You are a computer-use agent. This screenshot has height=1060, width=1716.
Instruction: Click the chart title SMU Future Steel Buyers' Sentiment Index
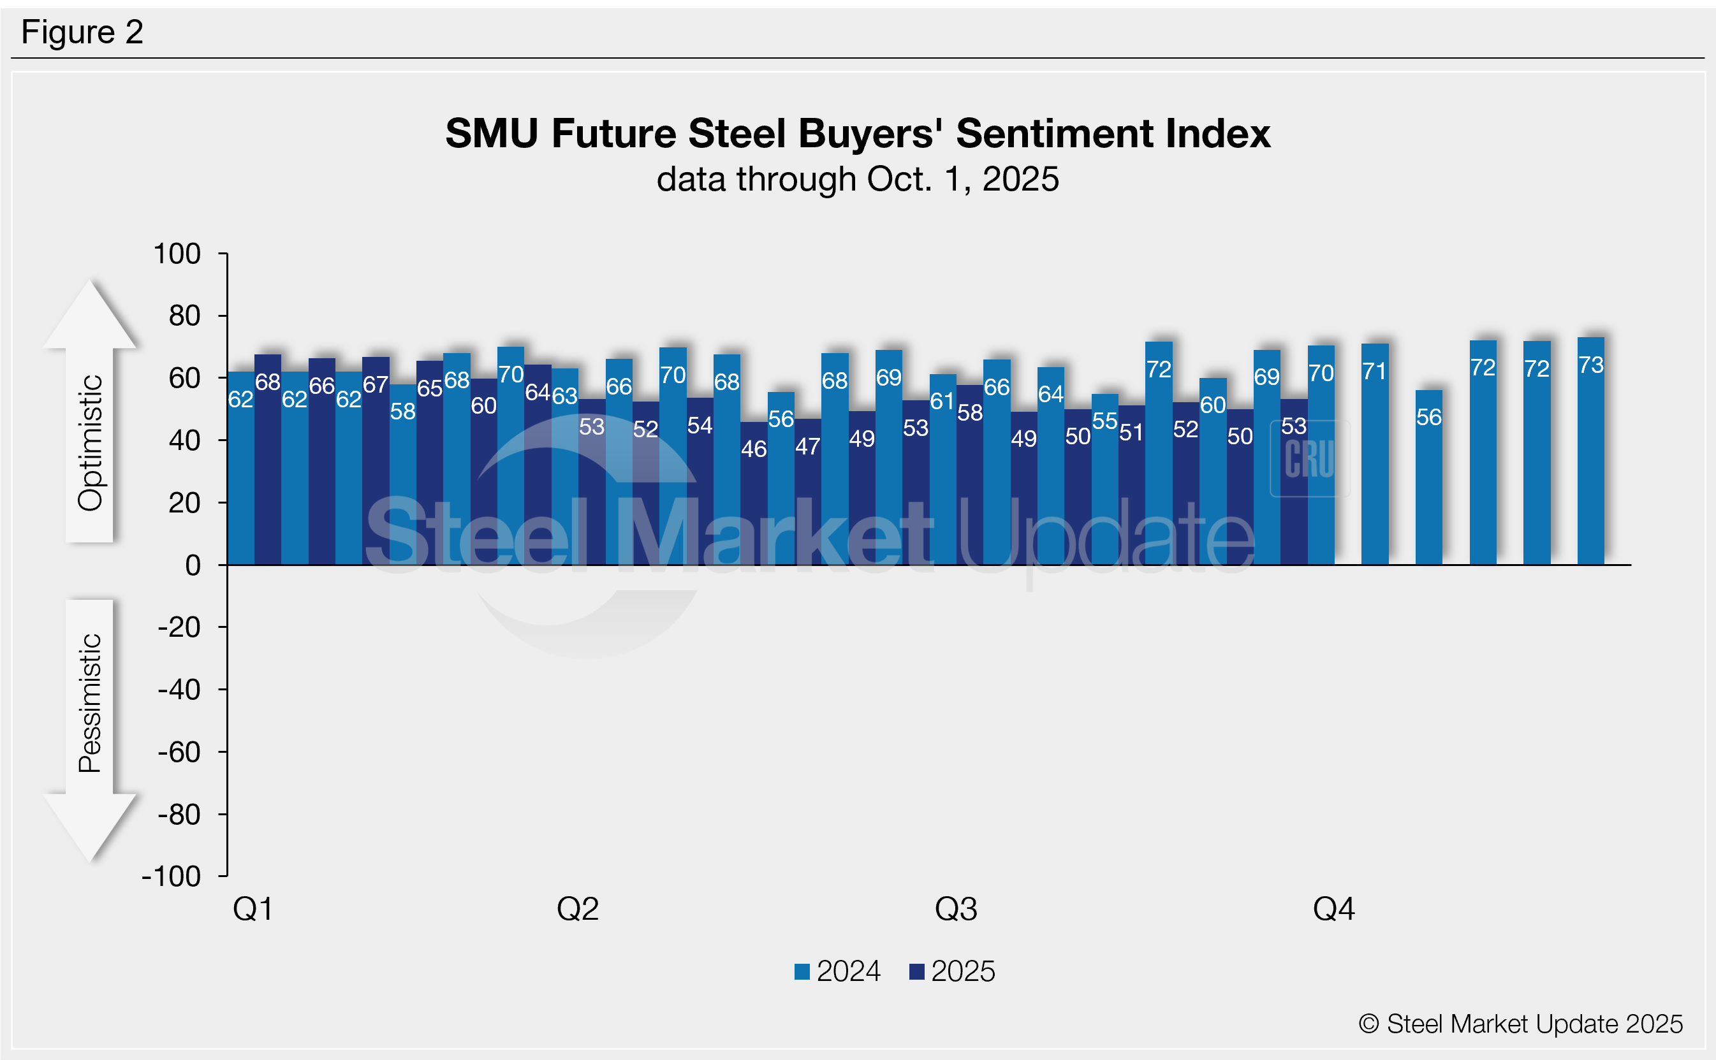pos(858,133)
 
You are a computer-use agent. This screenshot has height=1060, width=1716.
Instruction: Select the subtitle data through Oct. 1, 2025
pos(858,180)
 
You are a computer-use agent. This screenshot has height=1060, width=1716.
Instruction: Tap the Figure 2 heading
pos(82,33)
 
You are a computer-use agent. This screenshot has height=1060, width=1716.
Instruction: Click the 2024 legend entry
pos(838,971)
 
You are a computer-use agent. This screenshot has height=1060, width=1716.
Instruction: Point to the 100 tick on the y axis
pos(177,254)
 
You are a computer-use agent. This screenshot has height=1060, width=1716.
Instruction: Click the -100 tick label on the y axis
pos(172,876)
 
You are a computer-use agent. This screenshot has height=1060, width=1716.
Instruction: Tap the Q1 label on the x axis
pos(253,910)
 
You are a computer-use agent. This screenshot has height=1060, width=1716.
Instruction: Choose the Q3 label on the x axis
pos(956,910)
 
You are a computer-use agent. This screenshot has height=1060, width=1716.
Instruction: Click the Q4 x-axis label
pos(1333,910)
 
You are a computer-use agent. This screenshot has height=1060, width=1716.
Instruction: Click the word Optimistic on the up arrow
pos(91,442)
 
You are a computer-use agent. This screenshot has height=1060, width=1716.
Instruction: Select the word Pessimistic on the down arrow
pos(91,703)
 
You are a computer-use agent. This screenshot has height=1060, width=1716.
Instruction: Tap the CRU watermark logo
pos(1309,459)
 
